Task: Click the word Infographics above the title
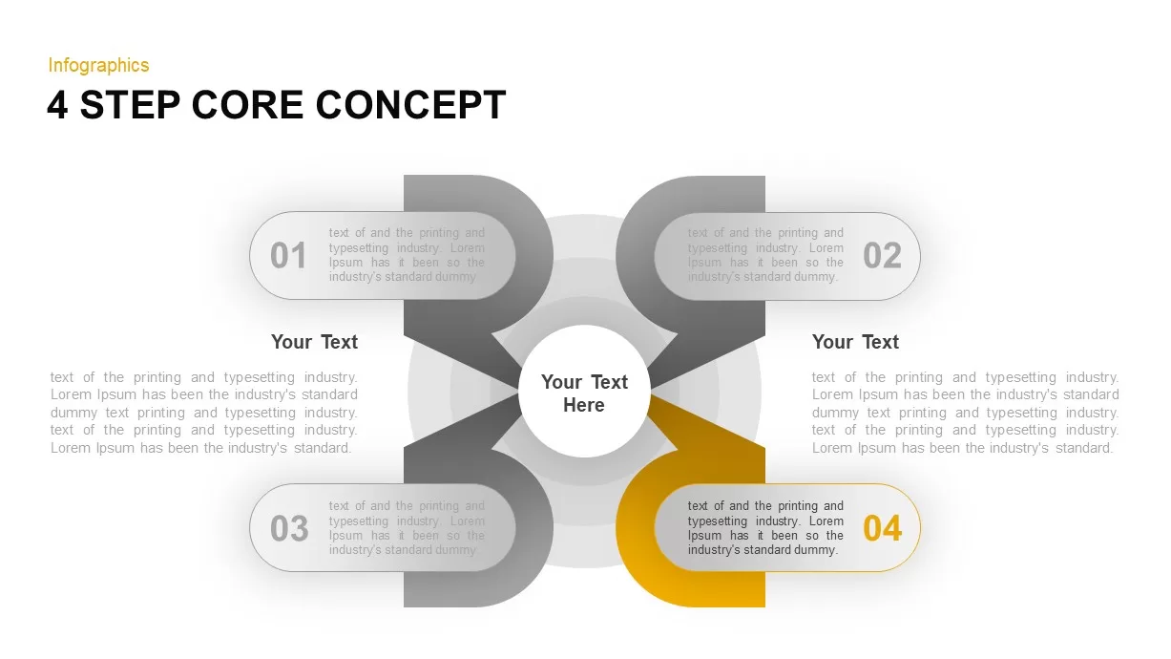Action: [98, 65]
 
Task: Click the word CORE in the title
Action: [247, 105]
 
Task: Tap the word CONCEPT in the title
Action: [411, 105]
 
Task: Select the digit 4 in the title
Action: [57, 105]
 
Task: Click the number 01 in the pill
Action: [288, 256]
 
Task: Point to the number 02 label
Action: [883, 256]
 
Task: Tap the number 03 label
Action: [289, 528]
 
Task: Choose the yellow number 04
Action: [883, 528]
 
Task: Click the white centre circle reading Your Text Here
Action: [584, 392]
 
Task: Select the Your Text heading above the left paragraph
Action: [314, 342]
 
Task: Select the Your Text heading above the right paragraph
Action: [855, 342]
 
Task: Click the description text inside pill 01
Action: [407, 255]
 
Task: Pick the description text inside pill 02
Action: [765, 255]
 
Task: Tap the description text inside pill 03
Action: [407, 528]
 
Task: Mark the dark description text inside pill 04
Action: [765, 528]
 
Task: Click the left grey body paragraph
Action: [204, 413]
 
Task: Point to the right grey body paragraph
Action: [966, 413]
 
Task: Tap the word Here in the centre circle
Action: [584, 405]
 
